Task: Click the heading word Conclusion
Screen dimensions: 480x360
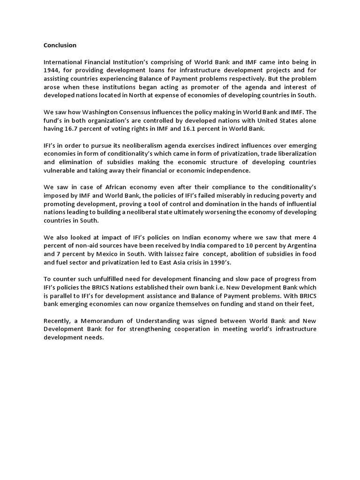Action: pyautogui.click(x=60, y=45)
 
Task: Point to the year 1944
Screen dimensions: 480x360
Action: pyautogui.click(x=52, y=70)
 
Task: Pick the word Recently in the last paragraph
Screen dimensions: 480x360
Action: pyautogui.click(x=59, y=321)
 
